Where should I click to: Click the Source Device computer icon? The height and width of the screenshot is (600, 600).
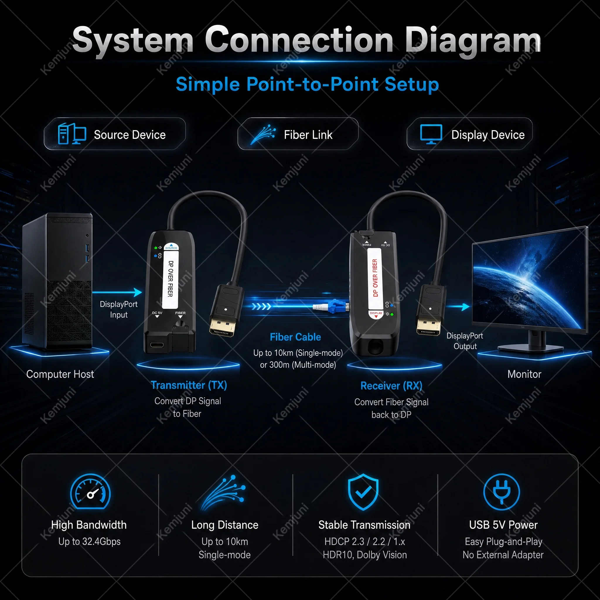pos(72,134)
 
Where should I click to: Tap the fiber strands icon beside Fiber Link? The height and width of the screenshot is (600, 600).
pos(263,134)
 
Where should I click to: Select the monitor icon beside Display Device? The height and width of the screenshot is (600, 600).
pos(431,134)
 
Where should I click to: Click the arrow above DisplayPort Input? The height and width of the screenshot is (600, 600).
pos(117,292)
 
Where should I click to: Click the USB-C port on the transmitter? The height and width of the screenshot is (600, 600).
pos(157,345)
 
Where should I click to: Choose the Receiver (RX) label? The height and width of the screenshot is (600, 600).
pos(391,386)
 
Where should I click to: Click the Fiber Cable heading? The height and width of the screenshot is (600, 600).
pos(295,337)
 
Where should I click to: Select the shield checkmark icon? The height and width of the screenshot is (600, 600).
pos(363,492)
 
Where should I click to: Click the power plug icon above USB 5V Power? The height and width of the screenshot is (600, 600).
pos(502,492)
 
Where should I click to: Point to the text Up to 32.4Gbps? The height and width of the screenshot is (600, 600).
pos(89,542)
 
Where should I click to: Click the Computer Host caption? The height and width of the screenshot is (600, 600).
pos(60,374)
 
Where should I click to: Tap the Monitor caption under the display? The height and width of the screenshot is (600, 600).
pos(524,374)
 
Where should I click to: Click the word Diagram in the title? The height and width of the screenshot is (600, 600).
pos(473,40)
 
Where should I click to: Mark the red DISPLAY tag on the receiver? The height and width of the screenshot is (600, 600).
pos(376,314)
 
